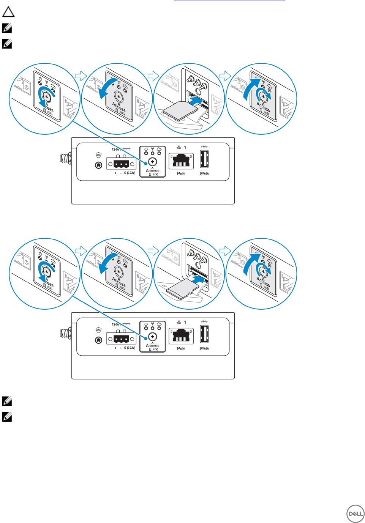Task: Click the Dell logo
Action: pyautogui.click(x=355, y=514)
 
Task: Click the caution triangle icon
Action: pyautogui.click(x=8, y=12)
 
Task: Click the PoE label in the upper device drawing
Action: pyautogui.click(x=181, y=173)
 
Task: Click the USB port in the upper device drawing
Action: pyautogui.click(x=204, y=159)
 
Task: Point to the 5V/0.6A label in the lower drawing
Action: pyautogui.click(x=204, y=348)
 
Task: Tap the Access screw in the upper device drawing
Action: pyautogui.click(x=152, y=162)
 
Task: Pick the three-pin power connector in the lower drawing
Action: pyautogui.click(x=121, y=339)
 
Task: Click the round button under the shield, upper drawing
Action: pyautogui.click(x=99, y=165)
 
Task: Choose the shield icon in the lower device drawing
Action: pyautogui.click(x=99, y=330)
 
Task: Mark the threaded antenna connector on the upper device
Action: pyautogui.click(x=66, y=158)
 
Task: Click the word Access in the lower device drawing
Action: pyautogui.click(x=152, y=346)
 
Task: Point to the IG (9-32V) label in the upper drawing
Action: pyautogui.click(x=129, y=173)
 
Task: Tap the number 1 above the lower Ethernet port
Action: pyautogui.click(x=185, y=322)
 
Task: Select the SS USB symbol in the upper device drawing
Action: pyautogui.click(x=204, y=147)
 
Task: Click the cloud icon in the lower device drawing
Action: pyautogui.click(x=159, y=324)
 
